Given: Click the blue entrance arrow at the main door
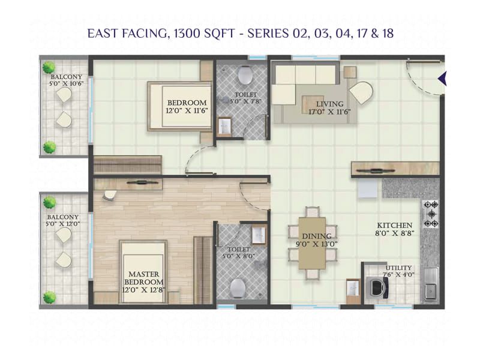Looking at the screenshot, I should coord(443,78).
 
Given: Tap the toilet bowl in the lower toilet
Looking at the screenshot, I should coord(238,286).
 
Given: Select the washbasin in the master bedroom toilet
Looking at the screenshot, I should coord(259,234).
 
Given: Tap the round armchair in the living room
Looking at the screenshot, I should coord(361,94).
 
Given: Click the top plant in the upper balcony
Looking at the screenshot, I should coord(49,68).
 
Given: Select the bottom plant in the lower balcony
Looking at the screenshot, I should coord(49,296).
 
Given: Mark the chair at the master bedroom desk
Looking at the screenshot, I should coord(110,195).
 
